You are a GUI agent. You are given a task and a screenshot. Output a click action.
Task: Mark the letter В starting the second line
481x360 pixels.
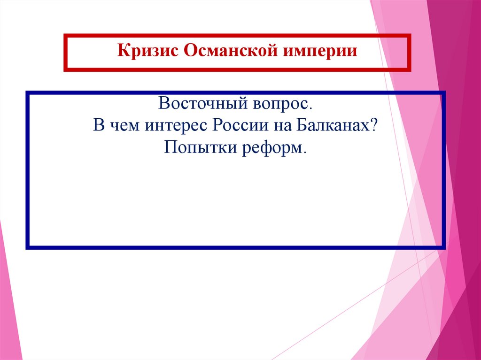(x=98, y=126)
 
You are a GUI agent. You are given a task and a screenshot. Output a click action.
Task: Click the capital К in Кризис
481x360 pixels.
(x=122, y=50)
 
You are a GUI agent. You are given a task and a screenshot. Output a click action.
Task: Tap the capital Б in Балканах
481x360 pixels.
(x=301, y=126)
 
